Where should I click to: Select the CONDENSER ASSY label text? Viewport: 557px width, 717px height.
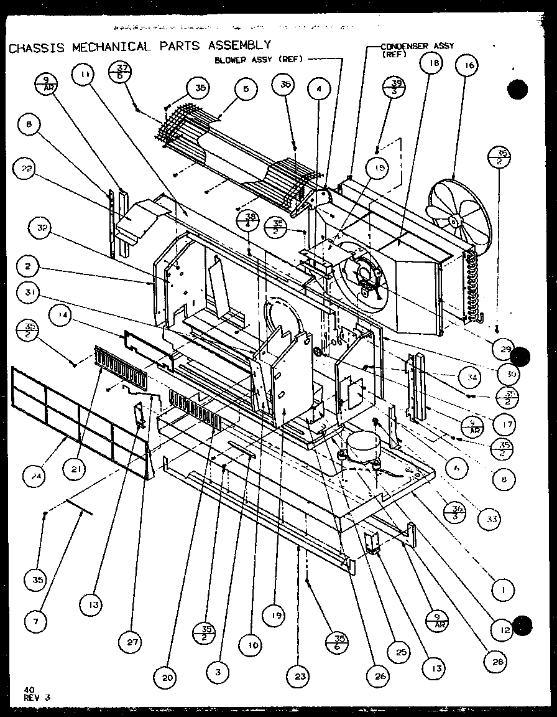pos(418,47)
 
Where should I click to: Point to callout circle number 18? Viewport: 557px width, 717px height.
pos(433,63)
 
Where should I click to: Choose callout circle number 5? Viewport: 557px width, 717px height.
pos(246,90)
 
